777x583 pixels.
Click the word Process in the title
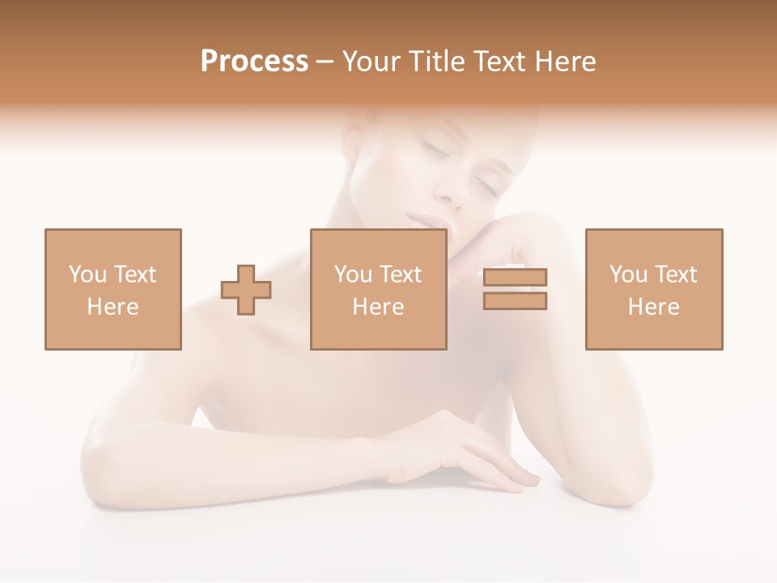point(254,62)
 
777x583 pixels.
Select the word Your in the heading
point(371,62)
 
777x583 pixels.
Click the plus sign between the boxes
point(246,290)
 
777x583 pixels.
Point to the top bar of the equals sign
point(515,277)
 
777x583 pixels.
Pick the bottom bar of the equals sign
point(515,301)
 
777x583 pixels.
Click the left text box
point(113,289)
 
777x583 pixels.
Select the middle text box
point(378,289)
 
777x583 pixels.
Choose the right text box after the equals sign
point(653,289)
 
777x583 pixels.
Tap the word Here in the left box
point(113,307)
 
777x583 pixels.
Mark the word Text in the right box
point(675,274)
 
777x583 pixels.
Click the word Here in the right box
point(653,307)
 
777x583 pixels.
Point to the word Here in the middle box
point(378,307)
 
